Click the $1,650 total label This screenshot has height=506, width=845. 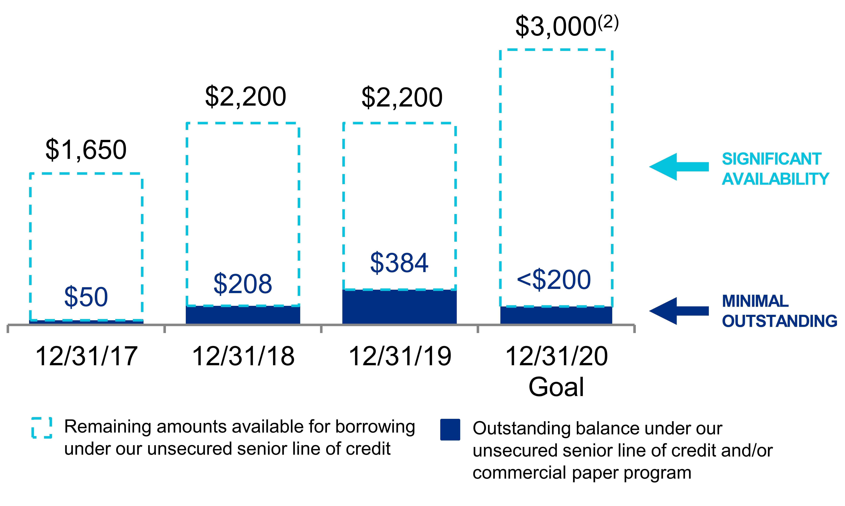point(86,150)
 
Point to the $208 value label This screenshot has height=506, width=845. point(243,284)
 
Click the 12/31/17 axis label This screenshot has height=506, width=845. point(87,356)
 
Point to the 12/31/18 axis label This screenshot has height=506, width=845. point(243,356)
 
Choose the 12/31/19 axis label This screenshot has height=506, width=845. point(400,356)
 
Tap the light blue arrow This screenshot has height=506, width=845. point(679,167)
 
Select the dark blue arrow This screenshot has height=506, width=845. point(679,311)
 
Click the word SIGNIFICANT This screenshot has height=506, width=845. point(772,159)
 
